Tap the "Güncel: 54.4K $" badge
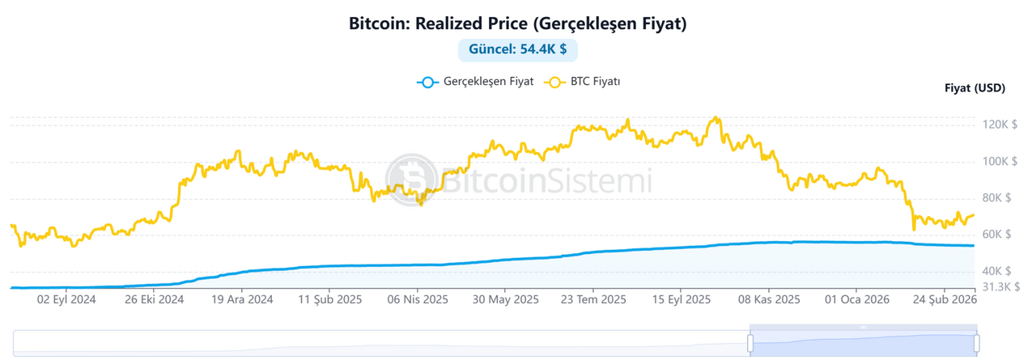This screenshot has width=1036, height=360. pyautogui.click(x=517, y=49)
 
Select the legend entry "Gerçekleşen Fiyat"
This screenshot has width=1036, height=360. pyautogui.click(x=475, y=83)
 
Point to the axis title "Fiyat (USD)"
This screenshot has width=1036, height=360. pyautogui.click(x=974, y=88)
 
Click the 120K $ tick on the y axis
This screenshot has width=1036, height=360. pyautogui.click(x=1000, y=125)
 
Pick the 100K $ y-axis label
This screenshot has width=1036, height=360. pyautogui.click(x=1000, y=162)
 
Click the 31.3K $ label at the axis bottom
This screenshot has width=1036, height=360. pyautogui.click(x=1000, y=286)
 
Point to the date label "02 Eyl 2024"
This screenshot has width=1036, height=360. pyautogui.click(x=67, y=299)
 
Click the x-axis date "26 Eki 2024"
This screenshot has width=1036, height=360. pyautogui.click(x=155, y=299)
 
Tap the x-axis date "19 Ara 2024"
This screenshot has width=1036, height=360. pyautogui.click(x=242, y=299)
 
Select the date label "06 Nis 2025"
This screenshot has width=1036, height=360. pyautogui.click(x=418, y=299)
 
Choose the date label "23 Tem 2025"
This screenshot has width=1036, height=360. pyautogui.click(x=593, y=299)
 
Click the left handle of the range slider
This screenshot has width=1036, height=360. pyautogui.click(x=750, y=343)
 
